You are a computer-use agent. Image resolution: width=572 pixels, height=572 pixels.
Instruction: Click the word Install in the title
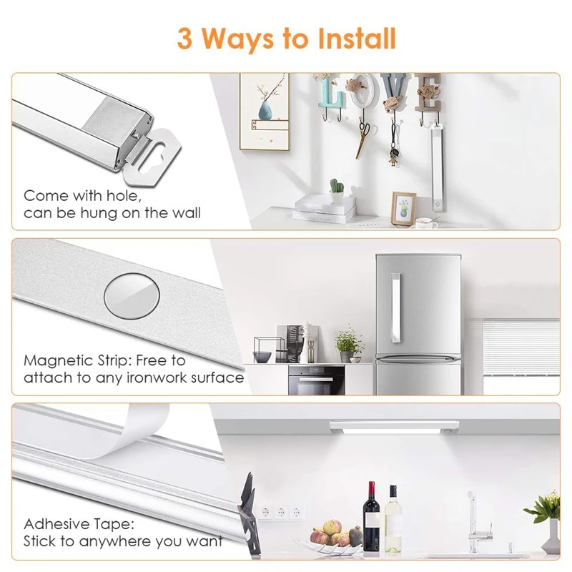[x=350, y=38]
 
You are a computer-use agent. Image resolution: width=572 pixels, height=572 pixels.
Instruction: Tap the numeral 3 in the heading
[x=185, y=39]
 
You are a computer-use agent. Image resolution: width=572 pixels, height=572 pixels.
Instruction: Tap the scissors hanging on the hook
[x=364, y=137]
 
